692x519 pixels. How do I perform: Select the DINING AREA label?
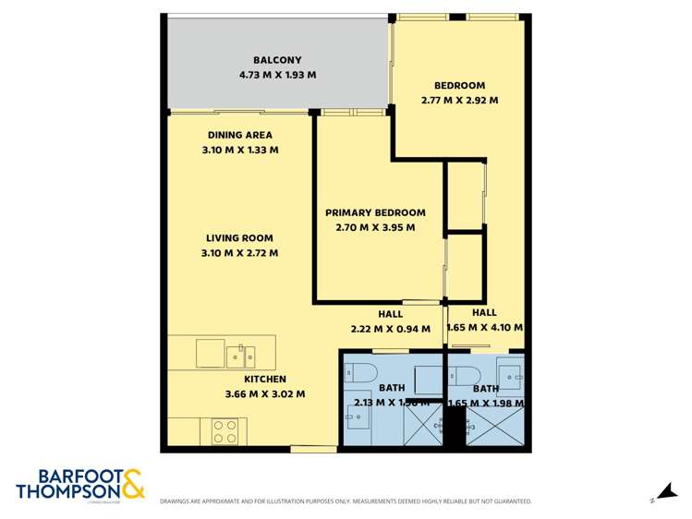[x=240, y=135]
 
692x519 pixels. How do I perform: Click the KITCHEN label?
[x=265, y=379]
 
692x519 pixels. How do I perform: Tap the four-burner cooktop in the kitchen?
[x=225, y=430]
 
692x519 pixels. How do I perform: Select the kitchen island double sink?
[x=241, y=354]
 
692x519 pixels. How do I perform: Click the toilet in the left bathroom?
[x=359, y=372]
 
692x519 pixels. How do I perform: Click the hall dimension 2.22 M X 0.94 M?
[x=390, y=327]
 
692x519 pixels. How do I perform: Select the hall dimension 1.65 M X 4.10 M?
[x=484, y=327]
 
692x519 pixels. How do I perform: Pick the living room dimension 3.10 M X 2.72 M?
[x=239, y=253]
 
